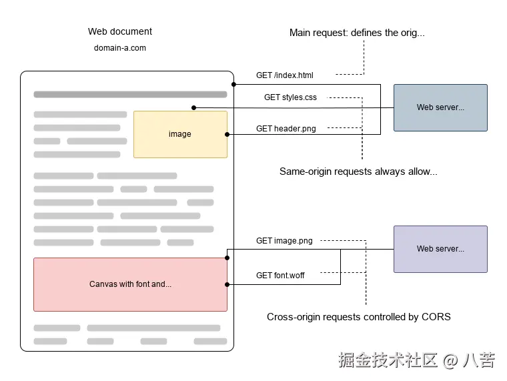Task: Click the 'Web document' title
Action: point(120,31)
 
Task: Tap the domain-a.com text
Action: point(120,48)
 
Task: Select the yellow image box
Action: point(180,134)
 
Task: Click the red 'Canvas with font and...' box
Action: point(130,284)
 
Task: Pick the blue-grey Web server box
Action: point(440,107)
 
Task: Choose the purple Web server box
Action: point(440,249)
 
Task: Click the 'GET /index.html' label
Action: point(285,75)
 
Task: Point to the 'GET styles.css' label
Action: point(290,97)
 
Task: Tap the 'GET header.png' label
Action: point(286,129)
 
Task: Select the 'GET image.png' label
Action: point(284,241)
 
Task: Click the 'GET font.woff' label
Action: point(280,276)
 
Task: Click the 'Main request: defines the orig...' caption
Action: point(357,33)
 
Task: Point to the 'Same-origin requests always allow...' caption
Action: point(358,171)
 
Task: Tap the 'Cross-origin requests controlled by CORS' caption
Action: point(358,317)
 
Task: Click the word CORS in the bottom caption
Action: point(436,317)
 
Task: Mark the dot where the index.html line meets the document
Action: point(233,85)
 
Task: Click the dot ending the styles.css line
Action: point(193,107)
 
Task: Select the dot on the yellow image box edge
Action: point(227,135)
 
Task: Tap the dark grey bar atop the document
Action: point(130,95)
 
